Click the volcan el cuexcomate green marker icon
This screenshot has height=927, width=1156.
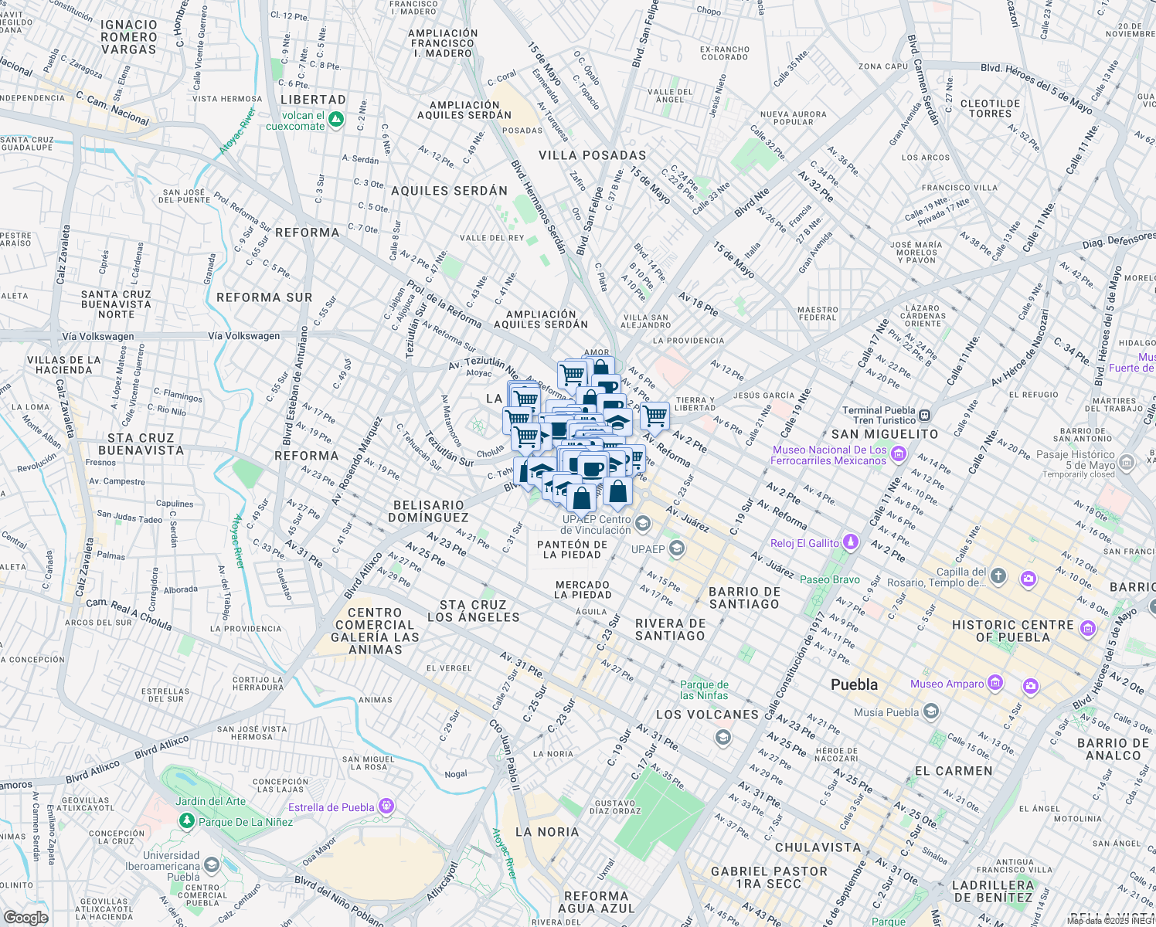tap(335, 120)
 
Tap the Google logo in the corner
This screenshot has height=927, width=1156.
tap(25, 917)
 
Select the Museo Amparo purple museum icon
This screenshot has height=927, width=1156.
tap(995, 683)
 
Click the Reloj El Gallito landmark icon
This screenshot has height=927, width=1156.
tap(850, 542)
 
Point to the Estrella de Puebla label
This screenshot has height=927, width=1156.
tap(331, 807)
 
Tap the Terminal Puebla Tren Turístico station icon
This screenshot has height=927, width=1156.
tap(925, 415)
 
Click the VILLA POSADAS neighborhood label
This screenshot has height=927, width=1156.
tap(592, 155)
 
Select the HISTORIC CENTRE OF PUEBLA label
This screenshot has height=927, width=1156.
tap(1012, 630)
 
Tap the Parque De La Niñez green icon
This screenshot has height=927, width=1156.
tap(186, 821)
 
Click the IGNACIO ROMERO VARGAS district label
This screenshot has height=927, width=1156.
tap(128, 37)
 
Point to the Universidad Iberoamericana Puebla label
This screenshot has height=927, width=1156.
tap(172, 866)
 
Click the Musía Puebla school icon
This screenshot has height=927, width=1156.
tap(931, 711)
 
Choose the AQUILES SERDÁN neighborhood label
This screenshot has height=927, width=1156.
tap(449, 191)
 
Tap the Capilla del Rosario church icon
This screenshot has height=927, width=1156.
tap(998, 576)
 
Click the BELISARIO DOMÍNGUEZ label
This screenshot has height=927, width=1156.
tap(428, 511)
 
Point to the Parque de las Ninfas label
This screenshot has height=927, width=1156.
tap(704, 690)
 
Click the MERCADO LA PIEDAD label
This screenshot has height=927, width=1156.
tap(582, 589)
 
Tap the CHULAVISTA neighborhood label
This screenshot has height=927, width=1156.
tap(818, 847)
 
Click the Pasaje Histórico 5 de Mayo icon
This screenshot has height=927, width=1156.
tap(1127, 462)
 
